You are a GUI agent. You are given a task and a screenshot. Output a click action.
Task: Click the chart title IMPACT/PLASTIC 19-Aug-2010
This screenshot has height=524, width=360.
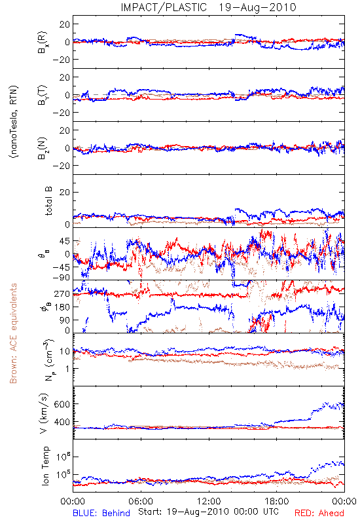coord(208,7)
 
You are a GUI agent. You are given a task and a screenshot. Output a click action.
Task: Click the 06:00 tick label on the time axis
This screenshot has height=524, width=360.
coord(141,501)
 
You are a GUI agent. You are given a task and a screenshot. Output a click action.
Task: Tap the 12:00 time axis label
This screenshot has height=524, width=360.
coord(209,501)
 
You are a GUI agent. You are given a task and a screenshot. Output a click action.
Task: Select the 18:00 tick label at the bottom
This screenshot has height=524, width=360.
coord(276,501)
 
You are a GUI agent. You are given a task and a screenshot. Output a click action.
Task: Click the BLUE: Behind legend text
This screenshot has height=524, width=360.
coord(101,513)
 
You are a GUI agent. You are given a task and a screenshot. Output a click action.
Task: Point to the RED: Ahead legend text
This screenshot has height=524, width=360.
coord(319,513)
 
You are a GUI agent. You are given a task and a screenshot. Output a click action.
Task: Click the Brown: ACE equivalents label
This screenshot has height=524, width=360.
coord(13,333)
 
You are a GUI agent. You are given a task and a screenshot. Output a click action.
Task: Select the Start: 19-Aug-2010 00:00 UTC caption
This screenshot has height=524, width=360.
coord(208,512)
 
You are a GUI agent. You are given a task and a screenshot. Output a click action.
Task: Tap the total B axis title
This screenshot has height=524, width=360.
coord(48,201)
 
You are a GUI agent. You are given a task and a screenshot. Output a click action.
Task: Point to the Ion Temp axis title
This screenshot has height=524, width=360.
coord(45,466)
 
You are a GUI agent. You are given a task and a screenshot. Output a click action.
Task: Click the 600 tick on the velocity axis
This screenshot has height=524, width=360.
coord(62,404)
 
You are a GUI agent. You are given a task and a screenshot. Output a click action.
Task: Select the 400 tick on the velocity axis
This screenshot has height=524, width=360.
coord(62,422)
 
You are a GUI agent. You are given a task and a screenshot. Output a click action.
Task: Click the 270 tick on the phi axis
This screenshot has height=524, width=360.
coord(62,293)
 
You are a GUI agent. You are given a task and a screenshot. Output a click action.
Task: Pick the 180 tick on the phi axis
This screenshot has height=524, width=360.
coord(62,307)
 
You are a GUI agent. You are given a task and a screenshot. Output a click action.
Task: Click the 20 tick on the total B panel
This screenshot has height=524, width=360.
coord(65,192)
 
